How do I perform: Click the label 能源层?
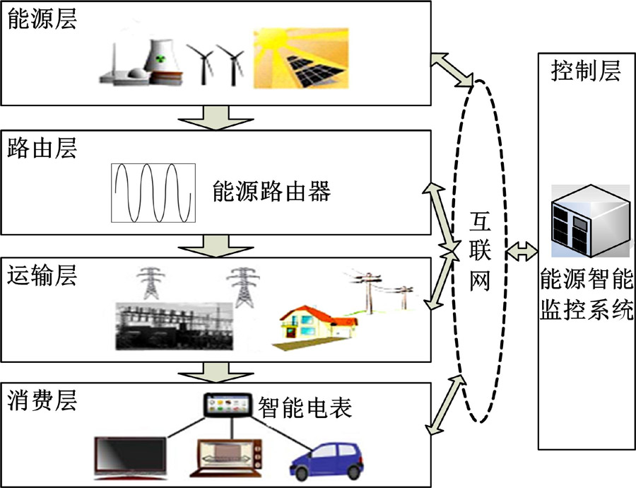42,19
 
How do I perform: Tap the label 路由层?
42,149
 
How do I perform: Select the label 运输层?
42,275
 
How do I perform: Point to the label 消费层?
42,400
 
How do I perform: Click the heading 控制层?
586,71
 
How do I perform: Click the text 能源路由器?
271,191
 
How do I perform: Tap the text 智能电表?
305,408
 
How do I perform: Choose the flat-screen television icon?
131,457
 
